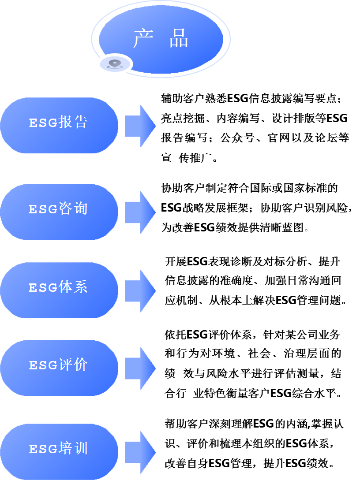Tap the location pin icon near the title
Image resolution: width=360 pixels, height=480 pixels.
[115, 64]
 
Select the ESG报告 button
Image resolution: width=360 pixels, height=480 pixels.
[59, 125]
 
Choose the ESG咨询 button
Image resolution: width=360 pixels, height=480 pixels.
[59, 212]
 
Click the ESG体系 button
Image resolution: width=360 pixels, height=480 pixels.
[59, 290]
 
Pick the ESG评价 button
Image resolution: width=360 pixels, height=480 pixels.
[59, 368]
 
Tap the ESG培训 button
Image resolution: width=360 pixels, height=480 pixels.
[59, 451]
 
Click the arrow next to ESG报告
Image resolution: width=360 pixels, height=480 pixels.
[140, 126]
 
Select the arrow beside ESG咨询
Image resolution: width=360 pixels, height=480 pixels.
[140, 212]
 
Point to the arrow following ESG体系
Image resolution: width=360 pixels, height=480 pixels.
[140, 291]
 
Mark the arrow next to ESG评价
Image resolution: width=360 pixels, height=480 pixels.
[140, 368]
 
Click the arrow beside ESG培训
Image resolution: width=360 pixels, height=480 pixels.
[140, 452]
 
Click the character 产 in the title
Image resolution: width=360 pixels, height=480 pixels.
[143, 39]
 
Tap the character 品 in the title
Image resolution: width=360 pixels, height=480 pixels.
[179, 39]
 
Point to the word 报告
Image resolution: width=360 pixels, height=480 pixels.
[73, 122]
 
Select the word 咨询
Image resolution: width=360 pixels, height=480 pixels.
[73, 208]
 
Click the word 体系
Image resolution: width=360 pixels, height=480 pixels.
[73, 287]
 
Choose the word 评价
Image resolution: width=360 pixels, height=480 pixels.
[73, 365]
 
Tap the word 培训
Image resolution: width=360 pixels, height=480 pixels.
[73, 449]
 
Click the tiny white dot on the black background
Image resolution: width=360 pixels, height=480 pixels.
[306, 230]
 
